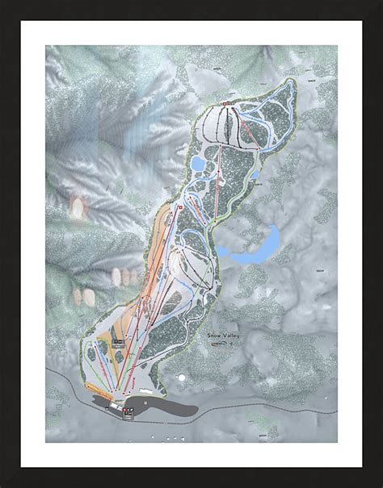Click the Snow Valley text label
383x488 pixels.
click(223, 333)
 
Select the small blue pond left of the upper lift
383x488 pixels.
click(197, 164)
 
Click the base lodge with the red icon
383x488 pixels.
click(129, 411)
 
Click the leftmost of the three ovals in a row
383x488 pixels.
click(116, 277)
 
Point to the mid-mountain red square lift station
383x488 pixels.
click(179, 207)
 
